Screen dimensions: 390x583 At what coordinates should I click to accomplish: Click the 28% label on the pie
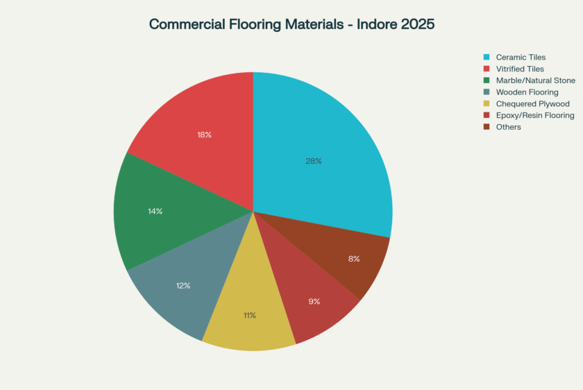313,161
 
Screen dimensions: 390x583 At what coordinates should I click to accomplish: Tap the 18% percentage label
204,135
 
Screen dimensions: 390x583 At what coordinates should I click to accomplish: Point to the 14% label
155,211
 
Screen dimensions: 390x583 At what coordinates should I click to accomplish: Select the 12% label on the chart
183,285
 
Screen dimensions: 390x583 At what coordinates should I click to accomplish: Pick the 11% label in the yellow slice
249,315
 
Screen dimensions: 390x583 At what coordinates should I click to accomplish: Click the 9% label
314,301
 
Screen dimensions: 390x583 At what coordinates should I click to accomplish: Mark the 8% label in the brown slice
354,259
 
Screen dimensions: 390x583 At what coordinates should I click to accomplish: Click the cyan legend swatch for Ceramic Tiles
487,57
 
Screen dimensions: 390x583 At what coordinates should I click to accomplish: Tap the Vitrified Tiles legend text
520,69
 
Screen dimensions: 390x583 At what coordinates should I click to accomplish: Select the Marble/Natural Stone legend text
535,80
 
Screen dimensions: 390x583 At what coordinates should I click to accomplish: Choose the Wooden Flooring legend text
527,92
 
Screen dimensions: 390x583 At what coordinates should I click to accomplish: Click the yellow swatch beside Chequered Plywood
487,103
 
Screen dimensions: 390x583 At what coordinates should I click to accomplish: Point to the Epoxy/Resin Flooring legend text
535,115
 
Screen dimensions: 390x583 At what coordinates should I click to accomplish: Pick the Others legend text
508,127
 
